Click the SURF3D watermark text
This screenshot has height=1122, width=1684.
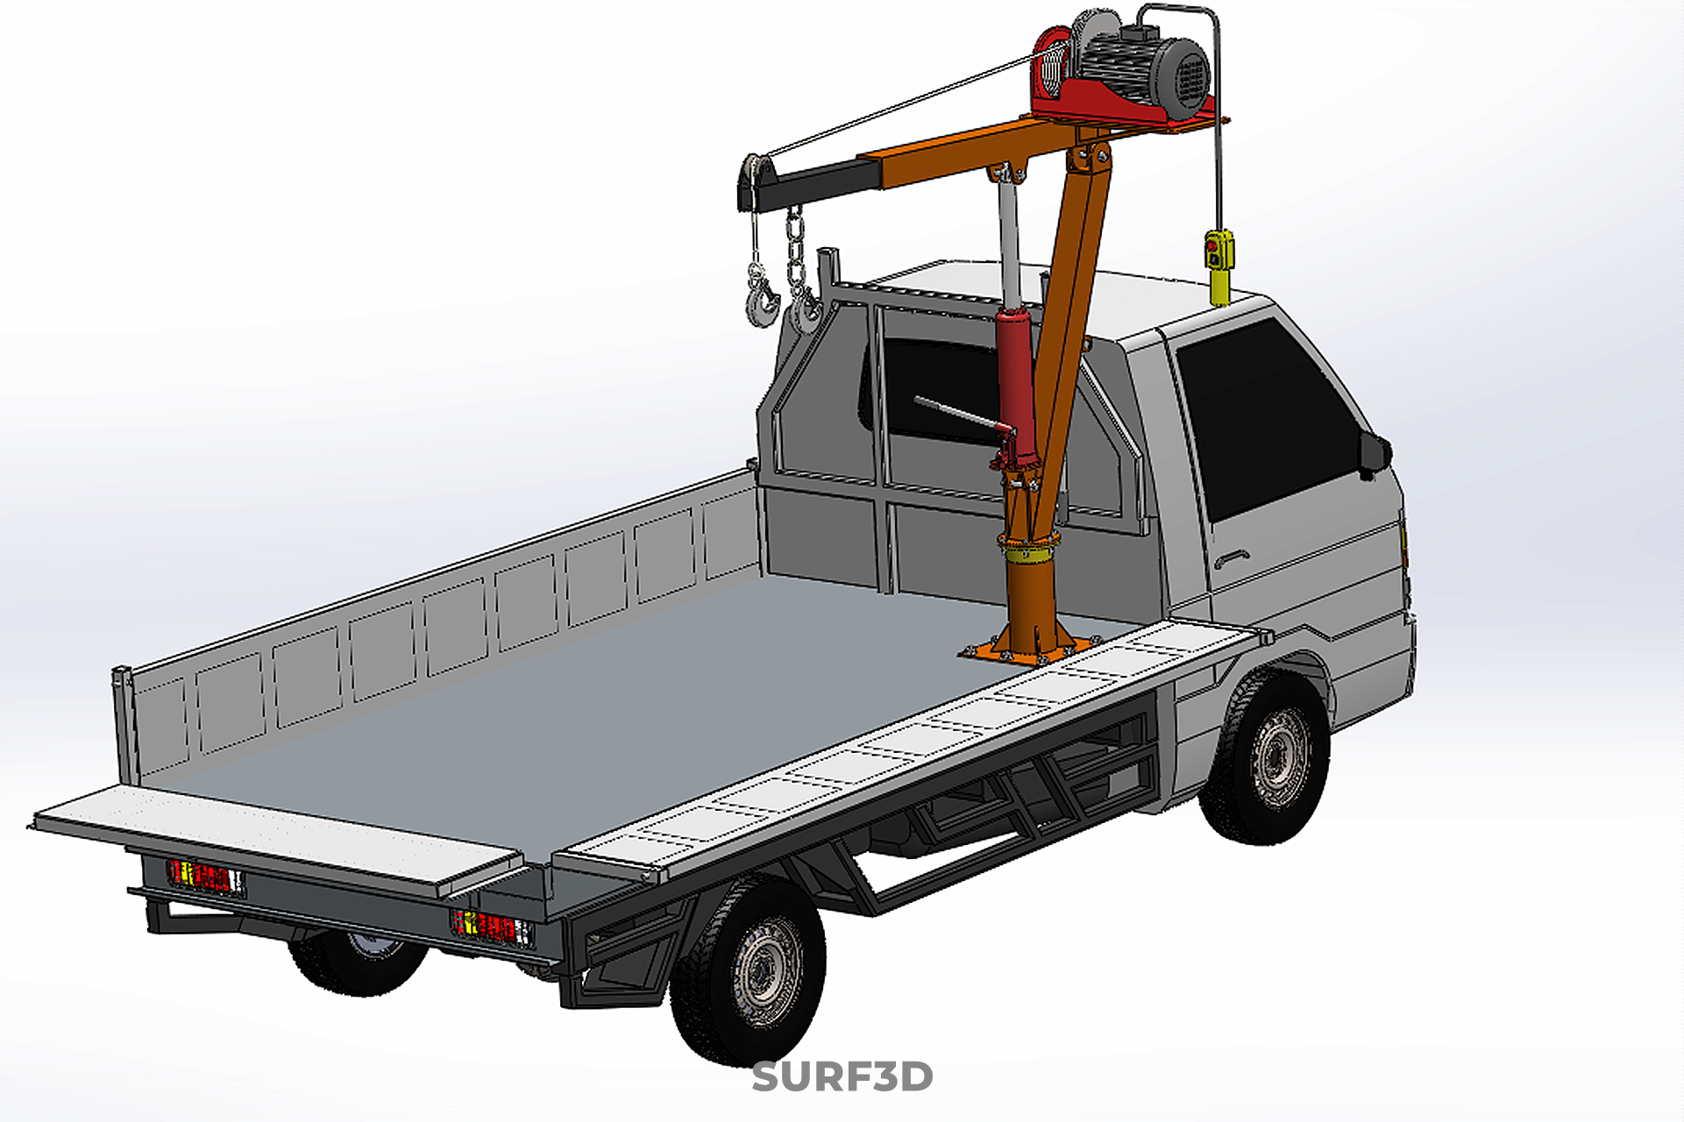[x=842, y=1076]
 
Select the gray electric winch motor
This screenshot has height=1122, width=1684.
[x=1142, y=66]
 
